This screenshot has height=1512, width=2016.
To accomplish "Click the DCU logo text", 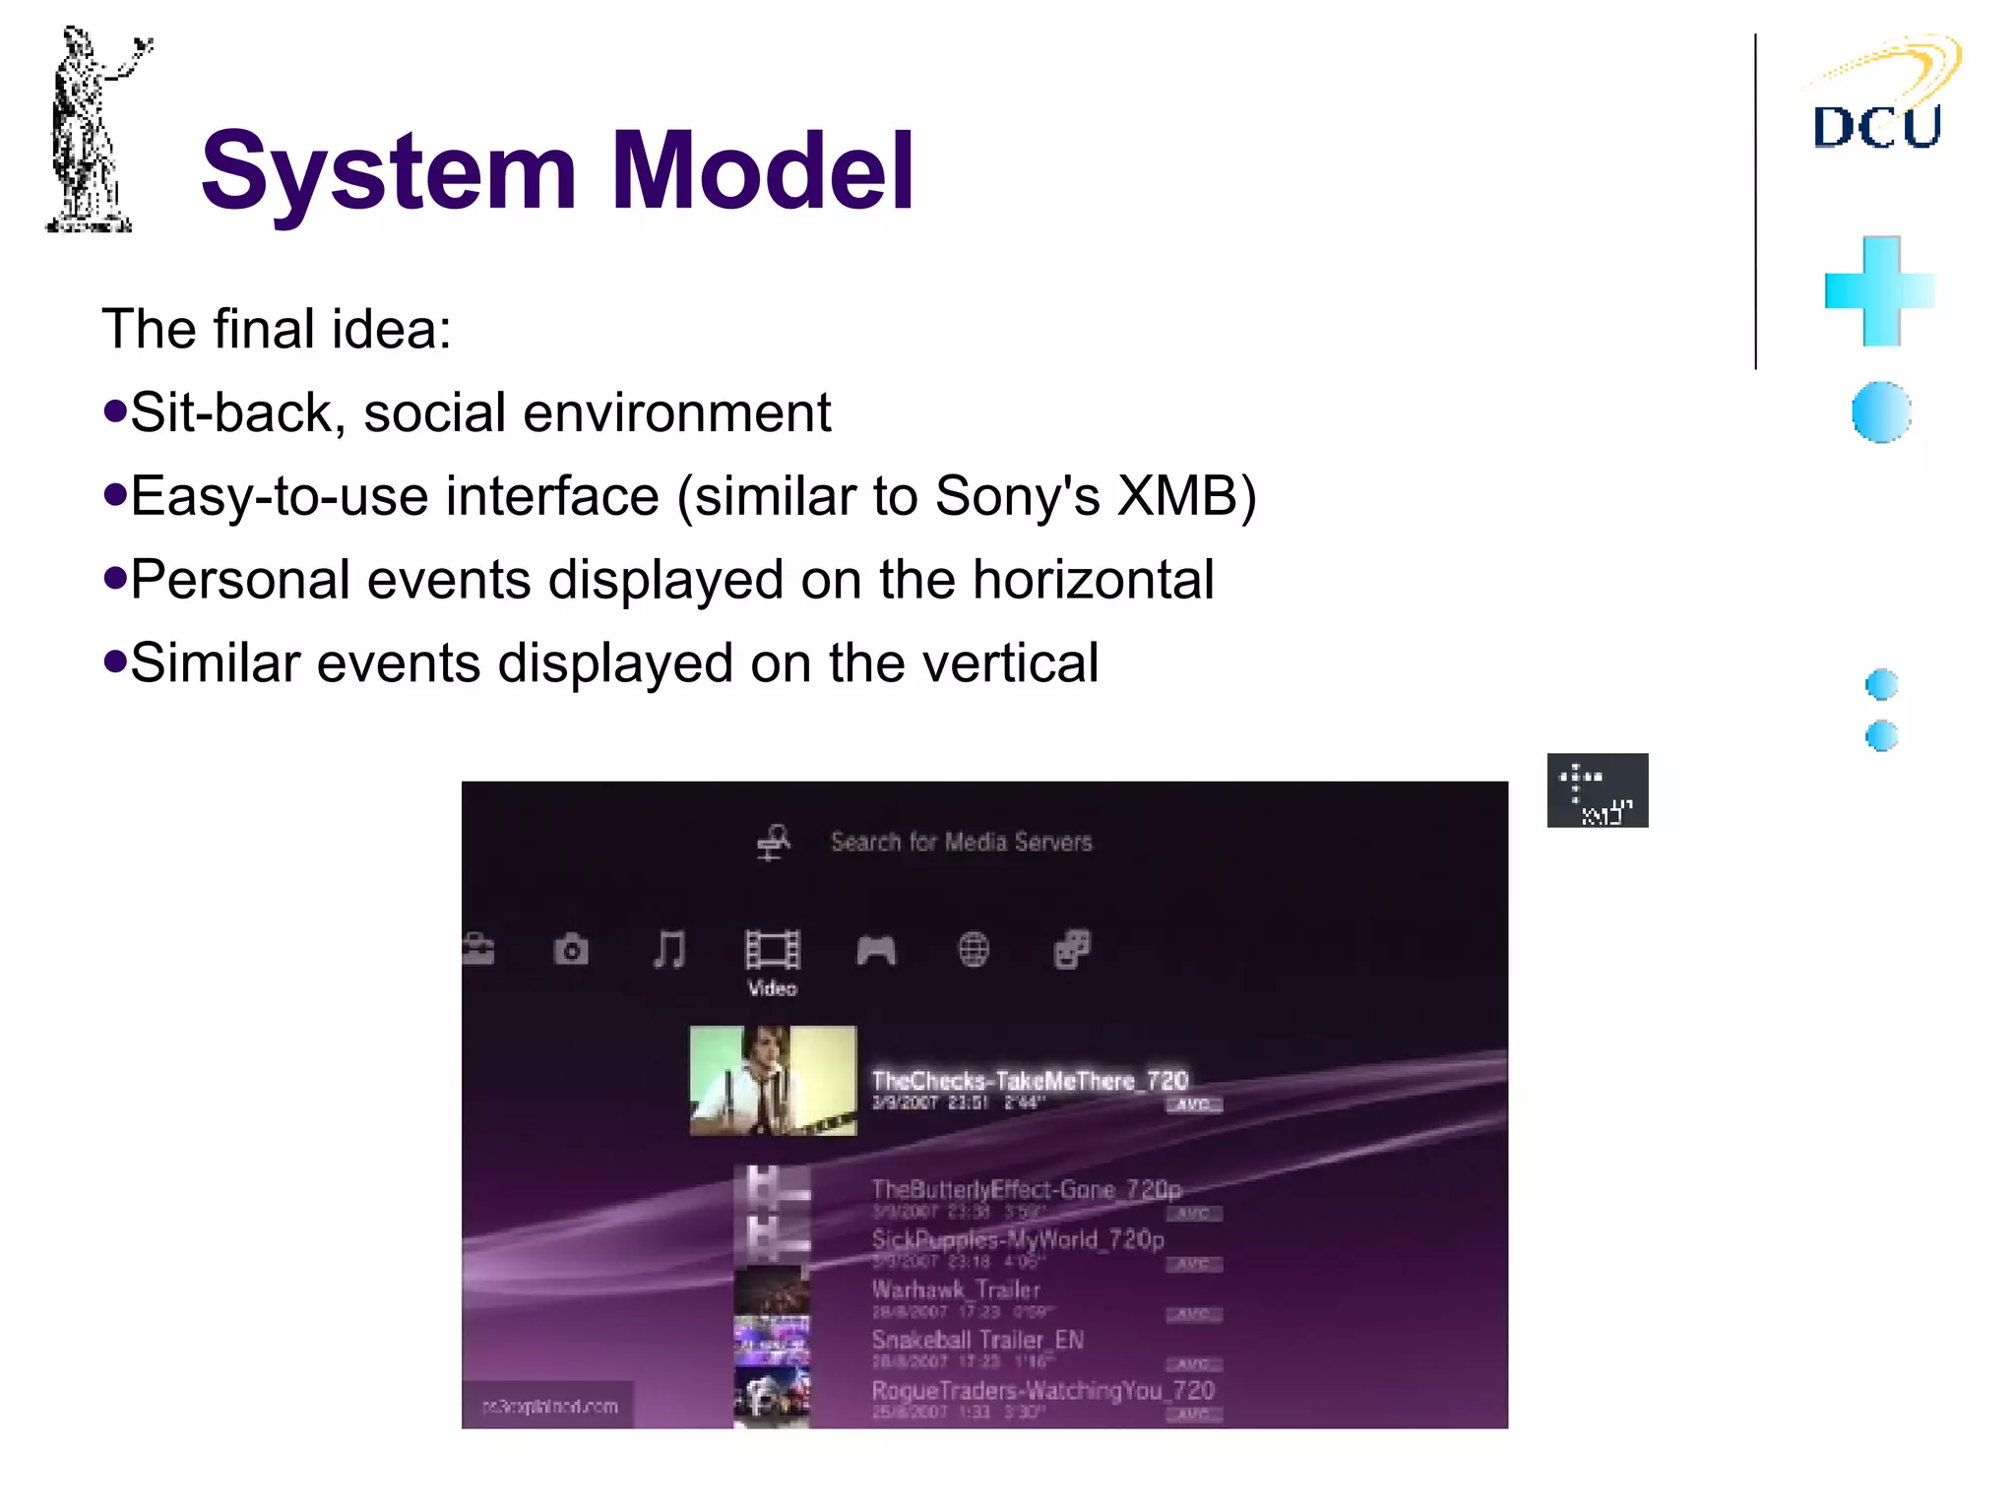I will pyautogui.click(x=1876, y=126).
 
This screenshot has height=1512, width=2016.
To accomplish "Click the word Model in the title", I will pyautogui.click(x=763, y=171).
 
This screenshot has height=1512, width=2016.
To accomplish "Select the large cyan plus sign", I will pyautogui.click(x=1879, y=291).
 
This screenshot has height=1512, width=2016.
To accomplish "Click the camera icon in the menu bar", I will pyautogui.click(x=571, y=950).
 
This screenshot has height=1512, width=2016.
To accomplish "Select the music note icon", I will pyautogui.click(x=669, y=950).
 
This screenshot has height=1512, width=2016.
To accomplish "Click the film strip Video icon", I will pyautogui.click(x=772, y=951).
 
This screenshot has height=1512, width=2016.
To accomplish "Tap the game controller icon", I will pyautogui.click(x=876, y=951).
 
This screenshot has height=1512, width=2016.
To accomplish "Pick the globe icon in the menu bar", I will pyautogui.click(x=974, y=950).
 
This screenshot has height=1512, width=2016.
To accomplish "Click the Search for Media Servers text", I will pyautogui.click(x=962, y=842).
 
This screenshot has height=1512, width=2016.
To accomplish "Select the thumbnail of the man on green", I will pyautogui.click(x=773, y=1081).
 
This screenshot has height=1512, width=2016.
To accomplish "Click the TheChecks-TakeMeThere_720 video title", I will pyautogui.click(x=1030, y=1080).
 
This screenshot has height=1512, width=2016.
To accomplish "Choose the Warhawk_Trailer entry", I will pyautogui.click(x=956, y=1289).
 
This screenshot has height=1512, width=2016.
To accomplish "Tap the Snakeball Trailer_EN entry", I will pyautogui.click(x=977, y=1340).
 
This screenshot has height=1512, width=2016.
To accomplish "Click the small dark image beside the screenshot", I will pyautogui.click(x=1597, y=790).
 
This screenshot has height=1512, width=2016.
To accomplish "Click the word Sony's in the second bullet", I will pyautogui.click(x=1017, y=495).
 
